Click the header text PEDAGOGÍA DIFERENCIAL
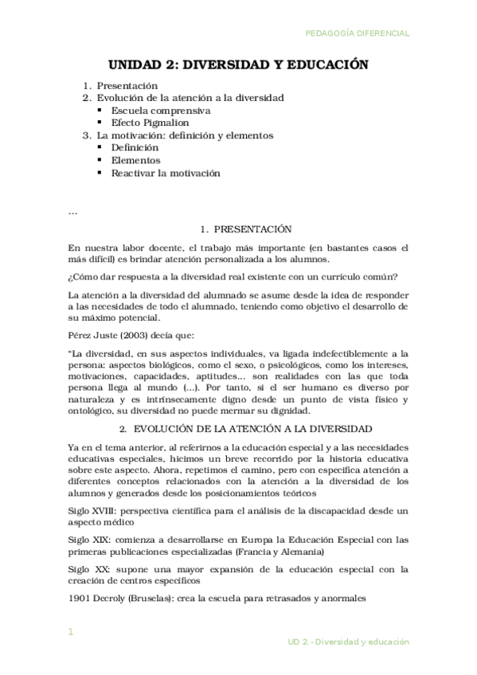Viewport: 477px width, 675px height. coord(358,33)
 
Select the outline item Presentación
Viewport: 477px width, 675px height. coord(127,85)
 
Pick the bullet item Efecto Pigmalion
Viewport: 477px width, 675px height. coord(151,123)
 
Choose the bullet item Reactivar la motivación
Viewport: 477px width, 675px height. coord(166,173)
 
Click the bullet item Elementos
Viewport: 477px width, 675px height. coord(135,160)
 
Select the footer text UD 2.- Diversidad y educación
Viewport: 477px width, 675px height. coord(348,641)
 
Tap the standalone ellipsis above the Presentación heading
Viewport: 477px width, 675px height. coord(73,212)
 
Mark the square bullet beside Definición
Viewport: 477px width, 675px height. coord(100,147)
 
